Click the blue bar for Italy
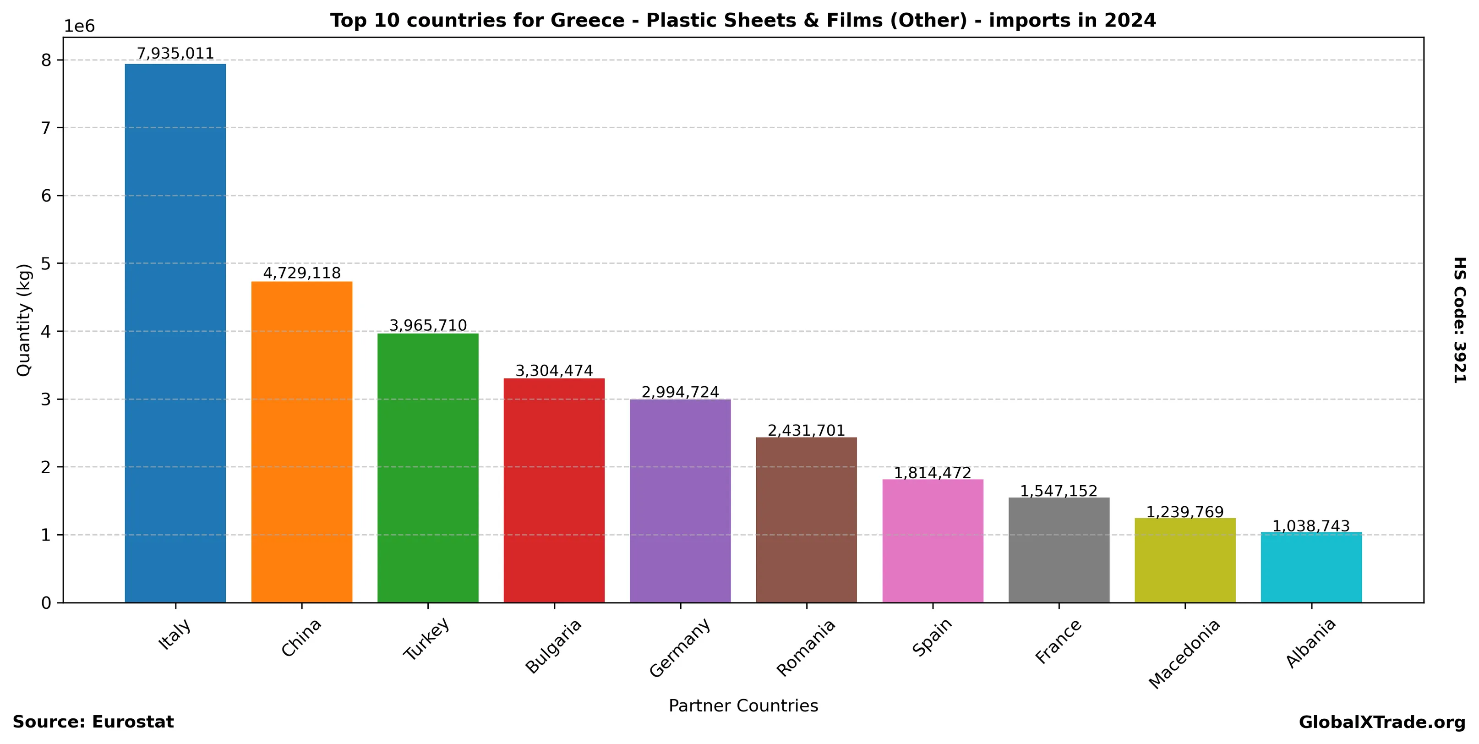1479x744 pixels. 175,333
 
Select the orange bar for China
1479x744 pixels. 301,442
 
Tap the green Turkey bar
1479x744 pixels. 428,468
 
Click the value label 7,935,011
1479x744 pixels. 175,54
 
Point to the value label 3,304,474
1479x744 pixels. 554,371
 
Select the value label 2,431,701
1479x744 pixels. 806,431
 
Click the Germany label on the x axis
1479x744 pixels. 680,647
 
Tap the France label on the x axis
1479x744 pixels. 1058,641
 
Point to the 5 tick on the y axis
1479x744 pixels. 46,263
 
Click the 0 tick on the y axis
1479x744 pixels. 46,603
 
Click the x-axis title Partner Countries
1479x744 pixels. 743,706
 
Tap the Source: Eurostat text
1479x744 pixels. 93,722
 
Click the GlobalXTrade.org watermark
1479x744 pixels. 1382,722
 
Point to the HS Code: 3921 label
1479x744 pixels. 1459,320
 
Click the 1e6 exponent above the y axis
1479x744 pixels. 79,27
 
